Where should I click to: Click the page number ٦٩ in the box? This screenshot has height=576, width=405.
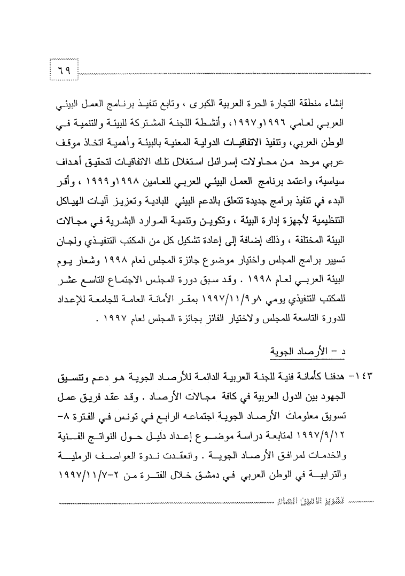[x=64, y=70]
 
